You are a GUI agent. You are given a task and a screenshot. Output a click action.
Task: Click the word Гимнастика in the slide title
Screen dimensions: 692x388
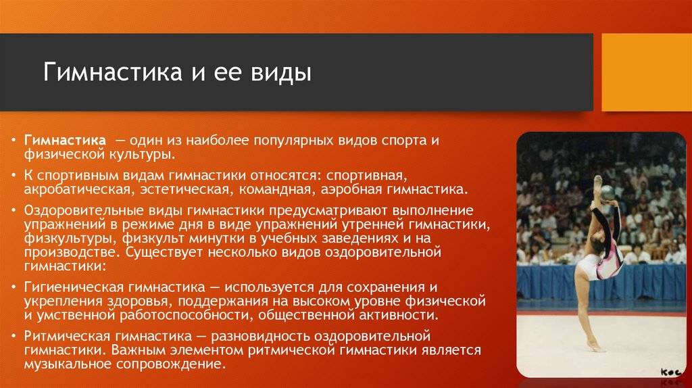[x=113, y=72]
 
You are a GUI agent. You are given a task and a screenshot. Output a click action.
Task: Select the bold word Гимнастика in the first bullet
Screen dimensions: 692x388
[x=66, y=141]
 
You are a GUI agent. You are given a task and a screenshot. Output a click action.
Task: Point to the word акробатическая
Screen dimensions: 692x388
[x=78, y=190]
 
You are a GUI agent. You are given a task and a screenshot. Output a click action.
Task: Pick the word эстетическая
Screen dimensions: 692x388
[x=185, y=190]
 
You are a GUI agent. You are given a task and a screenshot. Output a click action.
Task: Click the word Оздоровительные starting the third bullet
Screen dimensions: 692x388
[x=82, y=210]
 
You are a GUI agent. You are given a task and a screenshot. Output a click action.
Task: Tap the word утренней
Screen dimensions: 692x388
[x=373, y=224]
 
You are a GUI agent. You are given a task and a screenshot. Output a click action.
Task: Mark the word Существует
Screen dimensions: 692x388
[x=164, y=253]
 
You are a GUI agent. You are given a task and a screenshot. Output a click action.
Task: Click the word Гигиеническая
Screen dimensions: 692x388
[x=74, y=288]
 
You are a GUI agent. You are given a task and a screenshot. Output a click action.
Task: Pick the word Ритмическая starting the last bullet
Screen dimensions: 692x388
[x=67, y=337]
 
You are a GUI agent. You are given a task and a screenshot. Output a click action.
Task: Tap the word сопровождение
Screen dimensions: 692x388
[x=171, y=365]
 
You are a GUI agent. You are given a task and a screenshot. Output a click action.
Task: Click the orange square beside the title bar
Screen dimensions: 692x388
[x=647, y=72]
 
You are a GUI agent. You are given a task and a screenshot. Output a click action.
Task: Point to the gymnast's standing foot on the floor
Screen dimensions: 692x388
[x=596, y=347]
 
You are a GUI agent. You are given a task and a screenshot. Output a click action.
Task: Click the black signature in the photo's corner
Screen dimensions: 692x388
[x=671, y=372]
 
